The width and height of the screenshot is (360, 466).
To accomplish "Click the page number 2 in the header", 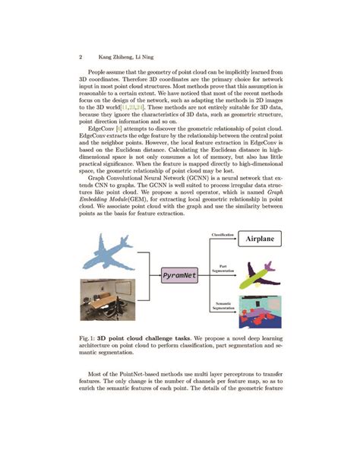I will click(81, 57).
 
